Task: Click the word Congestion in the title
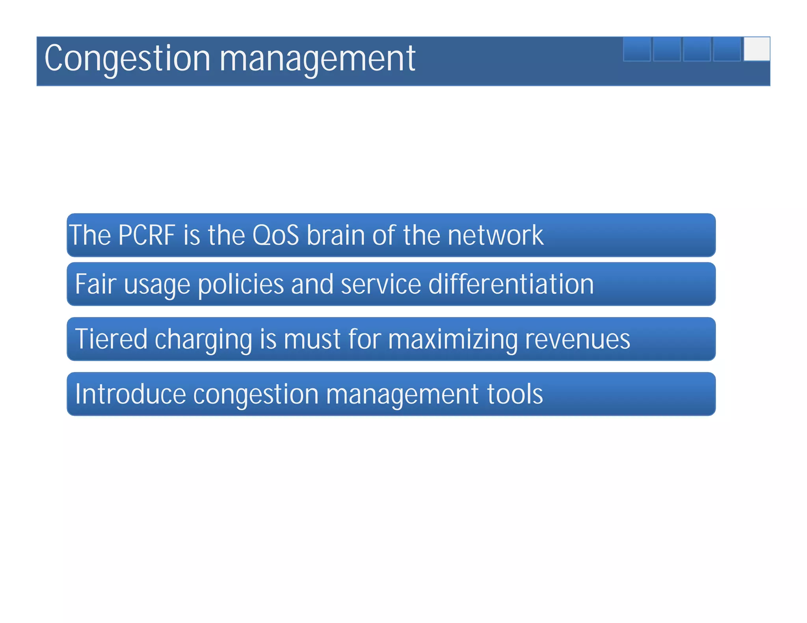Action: click(x=127, y=59)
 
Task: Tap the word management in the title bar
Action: click(x=317, y=59)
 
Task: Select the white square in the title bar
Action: click(x=756, y=49)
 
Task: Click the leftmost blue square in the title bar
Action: click(x=636, y=49)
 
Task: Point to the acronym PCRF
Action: click(x=146, y=235)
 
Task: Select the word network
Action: click(x=495, y=235)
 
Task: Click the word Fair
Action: click(x=95, y=284)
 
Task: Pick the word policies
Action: click(x=240, y=285)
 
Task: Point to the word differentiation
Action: click(x=511, y=284)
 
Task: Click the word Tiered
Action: click(x=111, y=339)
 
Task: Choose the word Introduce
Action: click(x=130, y=394)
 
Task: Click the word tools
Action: click(x=515, y=394)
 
